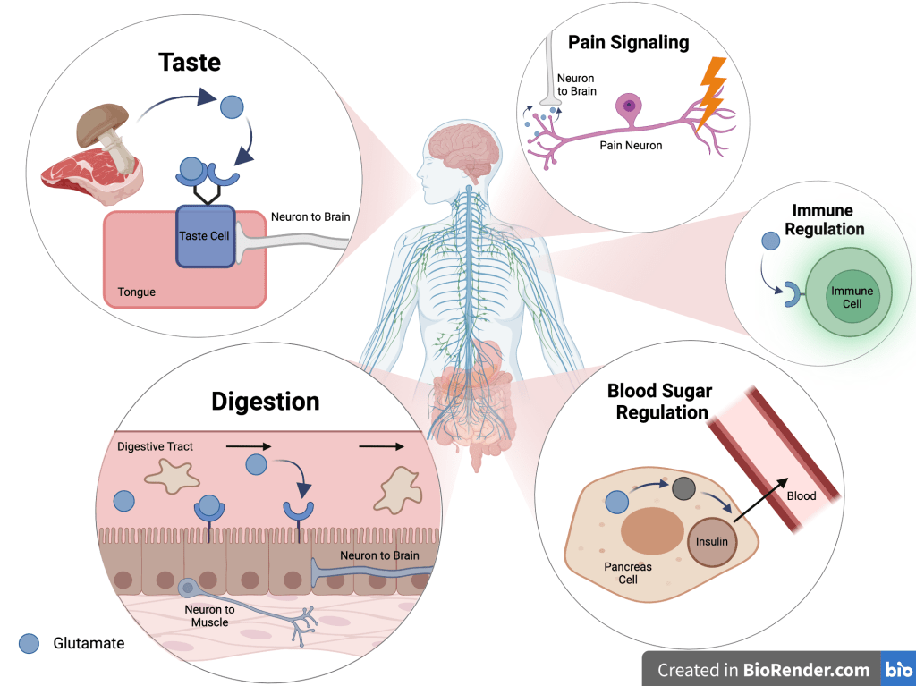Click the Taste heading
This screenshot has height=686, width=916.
189,63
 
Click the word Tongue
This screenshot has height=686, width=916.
137,292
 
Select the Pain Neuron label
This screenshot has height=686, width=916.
631,145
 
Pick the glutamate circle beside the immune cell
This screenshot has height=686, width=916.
769,241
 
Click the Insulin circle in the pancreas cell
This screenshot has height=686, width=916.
712,541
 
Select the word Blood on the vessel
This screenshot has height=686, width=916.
801,495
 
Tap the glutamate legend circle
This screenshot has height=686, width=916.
30,643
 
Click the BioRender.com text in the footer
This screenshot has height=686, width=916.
806,670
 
